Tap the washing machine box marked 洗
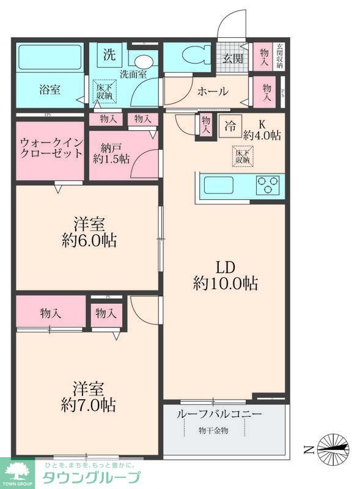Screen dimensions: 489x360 [x=108, y=53]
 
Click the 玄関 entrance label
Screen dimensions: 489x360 [x=232, y=59]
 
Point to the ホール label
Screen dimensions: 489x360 [x=212, y=92]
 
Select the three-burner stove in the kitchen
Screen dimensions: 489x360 [x=268, y=184]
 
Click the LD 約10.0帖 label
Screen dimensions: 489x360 [x=225, y=276]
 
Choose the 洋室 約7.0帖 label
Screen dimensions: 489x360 [x=89, y=396]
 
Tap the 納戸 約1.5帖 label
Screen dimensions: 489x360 [x=111, y=152]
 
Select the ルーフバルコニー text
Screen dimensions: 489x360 [x=219, y=414]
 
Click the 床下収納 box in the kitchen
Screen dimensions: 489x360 [x=242, y=156]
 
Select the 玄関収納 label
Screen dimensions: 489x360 [x=279, y=56]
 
